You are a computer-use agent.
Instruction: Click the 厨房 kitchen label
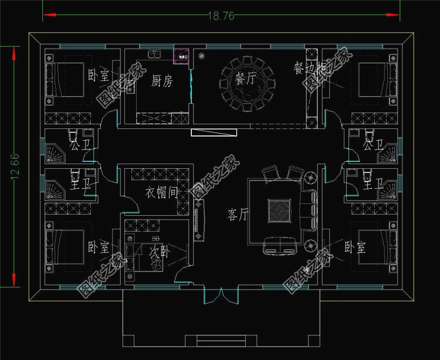point(161,81)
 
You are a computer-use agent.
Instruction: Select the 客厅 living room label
point(238,215)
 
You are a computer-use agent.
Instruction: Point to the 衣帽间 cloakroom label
point(161,193)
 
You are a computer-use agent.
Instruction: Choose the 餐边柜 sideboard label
point(309,67)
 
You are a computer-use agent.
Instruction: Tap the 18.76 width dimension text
point(221,16)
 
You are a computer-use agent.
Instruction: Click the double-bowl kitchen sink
point(155,55)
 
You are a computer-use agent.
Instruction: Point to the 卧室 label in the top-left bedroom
point(98,75)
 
